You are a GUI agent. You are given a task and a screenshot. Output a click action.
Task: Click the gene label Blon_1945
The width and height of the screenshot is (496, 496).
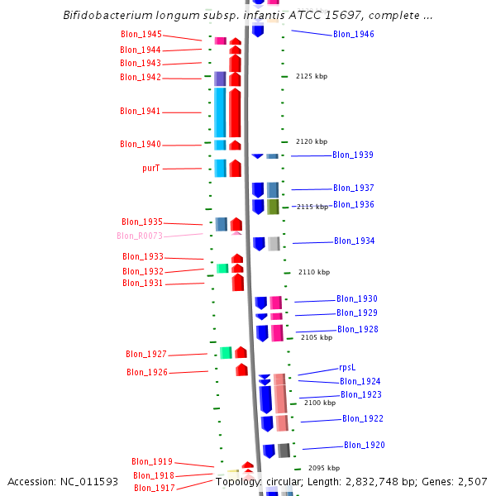[x=141, y=35]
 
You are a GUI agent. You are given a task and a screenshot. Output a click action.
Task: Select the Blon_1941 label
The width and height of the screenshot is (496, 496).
[x=141, y=112]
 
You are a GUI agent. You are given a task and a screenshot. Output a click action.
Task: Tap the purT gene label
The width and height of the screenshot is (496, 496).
[x=150, y=168]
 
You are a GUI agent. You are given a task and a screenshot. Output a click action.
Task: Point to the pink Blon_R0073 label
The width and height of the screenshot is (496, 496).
[x=140, y=236]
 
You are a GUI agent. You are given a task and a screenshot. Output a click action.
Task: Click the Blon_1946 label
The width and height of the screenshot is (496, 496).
[x=353, y=35]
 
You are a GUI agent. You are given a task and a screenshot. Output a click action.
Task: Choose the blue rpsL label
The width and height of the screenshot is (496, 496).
[x=347, y=368]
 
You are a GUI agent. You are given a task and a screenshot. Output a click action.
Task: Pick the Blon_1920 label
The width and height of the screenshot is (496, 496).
[x=364, y=446]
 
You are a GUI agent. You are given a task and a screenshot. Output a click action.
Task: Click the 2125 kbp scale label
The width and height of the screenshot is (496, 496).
[x=312, y=76]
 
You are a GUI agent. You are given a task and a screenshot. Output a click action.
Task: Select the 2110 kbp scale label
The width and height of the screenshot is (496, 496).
[x=314, y=272]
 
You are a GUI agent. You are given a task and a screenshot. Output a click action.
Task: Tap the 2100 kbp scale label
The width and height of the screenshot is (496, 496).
[x=320, y=403]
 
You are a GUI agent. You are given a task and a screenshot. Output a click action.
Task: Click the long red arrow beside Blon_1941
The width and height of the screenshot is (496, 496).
[x=236, y=112]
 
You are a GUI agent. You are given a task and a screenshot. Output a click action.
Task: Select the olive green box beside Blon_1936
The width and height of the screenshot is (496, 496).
[x=273, y=206]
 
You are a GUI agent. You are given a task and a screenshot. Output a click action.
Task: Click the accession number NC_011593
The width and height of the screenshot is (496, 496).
[x=90, y=482]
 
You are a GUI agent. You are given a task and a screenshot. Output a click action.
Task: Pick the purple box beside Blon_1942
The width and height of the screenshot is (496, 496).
[x=220, y=79]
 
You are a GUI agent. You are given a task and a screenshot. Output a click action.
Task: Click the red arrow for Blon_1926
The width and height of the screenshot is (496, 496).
[x=241, y=370]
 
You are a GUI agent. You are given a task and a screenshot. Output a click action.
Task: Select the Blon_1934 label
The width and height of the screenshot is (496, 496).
[x=354, y=241]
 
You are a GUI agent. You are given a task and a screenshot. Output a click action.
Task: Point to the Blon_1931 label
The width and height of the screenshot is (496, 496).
[x=143, y=284]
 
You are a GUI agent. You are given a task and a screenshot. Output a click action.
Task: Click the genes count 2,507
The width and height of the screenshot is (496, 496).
[x=471, y=482]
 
